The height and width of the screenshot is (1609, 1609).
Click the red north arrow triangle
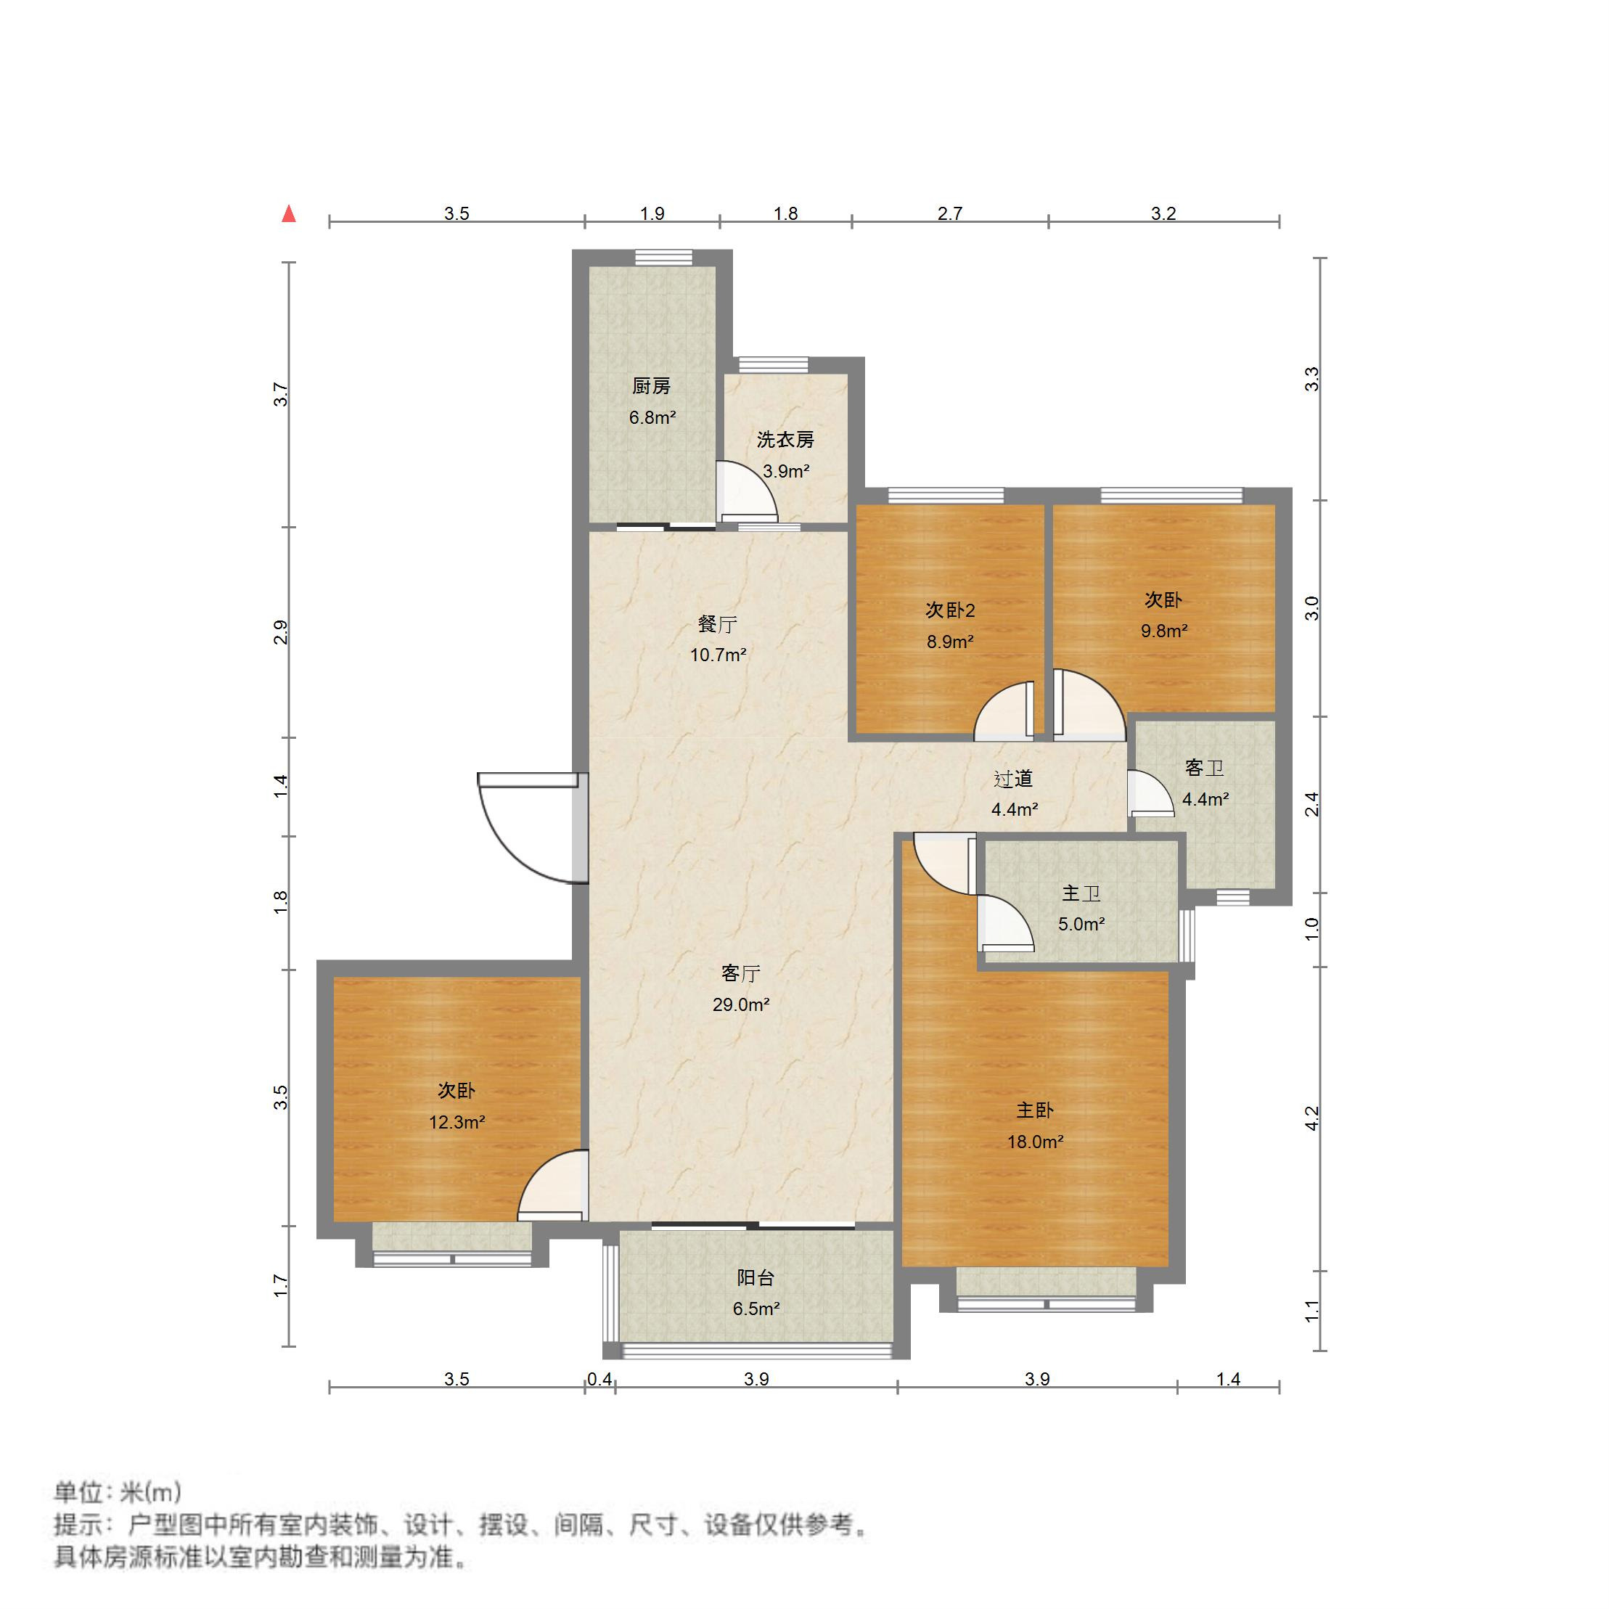pyautogui.click(x=289, y=214)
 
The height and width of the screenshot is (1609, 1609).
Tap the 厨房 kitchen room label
pyautogui.click(x=651, y=386)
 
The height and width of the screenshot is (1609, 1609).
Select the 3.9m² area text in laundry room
pyautogui.click(x=786, y=471)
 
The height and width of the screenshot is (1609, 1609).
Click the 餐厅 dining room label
pyautogui.click(x=717, y=623)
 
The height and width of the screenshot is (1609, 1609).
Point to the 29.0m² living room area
pyautogui.click(x=740, y=1004)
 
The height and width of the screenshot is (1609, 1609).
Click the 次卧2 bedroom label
pyautogui.click(x=949, y=610)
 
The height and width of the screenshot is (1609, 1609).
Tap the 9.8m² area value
pyautogui.click(x=1163, y=631)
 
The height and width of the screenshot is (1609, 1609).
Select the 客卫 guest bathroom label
pyautogui.click(x=1204, y=768)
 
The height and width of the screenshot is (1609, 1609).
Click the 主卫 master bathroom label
pyautogui.click(x=1081, y=893)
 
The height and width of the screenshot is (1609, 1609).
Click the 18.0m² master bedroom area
pyautogui.click(x=1034, y=1142)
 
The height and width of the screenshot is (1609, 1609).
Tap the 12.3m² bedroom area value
pyautogui.click(x=457, y=1123)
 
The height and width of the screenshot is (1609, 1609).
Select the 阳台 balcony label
pyautogui.click(x=756, y=1277)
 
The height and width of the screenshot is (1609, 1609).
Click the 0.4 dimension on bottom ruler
pyautogui.click(x=599, y=1380)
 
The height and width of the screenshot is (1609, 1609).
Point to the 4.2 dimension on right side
pyautogui.click(x=1311, y=1118)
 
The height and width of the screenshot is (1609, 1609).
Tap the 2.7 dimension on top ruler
pyautogui.click(x=949, y=214)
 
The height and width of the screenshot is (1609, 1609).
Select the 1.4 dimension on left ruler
pyautogui.click(x=282, y=786)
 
